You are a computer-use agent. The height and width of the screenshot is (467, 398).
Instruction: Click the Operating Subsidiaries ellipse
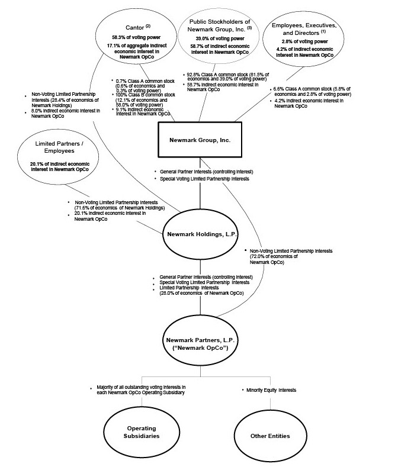click(x=141, y=432)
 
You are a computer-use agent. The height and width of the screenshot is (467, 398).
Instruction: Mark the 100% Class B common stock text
click(x=146, y=95)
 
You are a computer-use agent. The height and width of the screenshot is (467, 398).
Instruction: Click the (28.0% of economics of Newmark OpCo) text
click(x=201, y=293)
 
